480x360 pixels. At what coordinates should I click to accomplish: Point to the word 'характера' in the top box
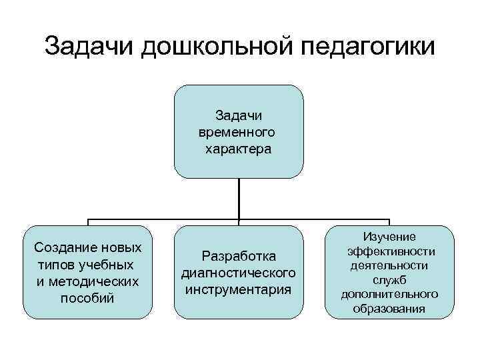coord(238,148)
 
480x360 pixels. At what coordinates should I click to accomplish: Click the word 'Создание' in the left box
coord(61,247)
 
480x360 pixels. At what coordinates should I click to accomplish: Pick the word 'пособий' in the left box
coord(87,297)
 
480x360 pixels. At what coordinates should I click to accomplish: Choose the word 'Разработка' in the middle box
coord(239,256)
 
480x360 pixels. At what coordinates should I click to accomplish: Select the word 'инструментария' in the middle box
coord(239,289)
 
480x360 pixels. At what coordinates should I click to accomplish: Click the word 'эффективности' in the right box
coord(391,251)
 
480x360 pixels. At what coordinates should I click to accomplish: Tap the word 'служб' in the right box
coord(389,280)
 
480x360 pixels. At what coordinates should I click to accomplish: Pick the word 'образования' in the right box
coord(389,309)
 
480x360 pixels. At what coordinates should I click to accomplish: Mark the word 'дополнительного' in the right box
coord(389,294)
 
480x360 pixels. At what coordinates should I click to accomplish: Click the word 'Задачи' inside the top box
coord(238,116)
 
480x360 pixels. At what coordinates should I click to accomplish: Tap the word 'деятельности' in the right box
coord(389,265)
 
